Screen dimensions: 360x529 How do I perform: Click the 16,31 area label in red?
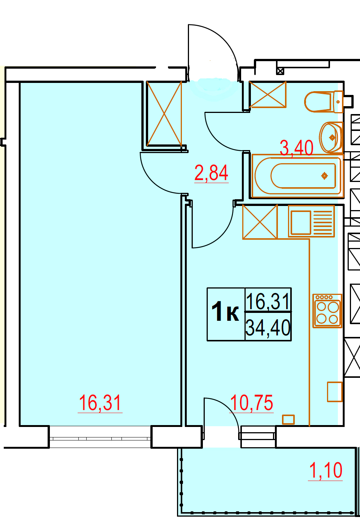pyautogui.click(x=100, y=403)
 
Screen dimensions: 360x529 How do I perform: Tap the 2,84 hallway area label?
pyautogui.click(x=211, y=173)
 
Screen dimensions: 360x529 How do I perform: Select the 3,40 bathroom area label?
pyautogui.click(x=297, y=148)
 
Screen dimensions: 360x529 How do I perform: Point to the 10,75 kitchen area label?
pyautogui.click(x=251, y=403)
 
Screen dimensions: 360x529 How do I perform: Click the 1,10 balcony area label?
pyautogui.click(x=325, y=471)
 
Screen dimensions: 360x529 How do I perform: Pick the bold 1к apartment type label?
pyautogui.click(x=225, y=311)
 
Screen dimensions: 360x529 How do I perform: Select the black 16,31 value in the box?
pyautogui.click(x=268, y=301)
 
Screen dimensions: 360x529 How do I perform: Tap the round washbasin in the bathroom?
pyautogui.click(x=331, y=137)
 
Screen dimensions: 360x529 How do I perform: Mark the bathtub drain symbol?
pyautogui.click(x=325, y=176)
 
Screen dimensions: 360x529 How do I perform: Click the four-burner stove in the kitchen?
pyautogui.click(x=327, y=311)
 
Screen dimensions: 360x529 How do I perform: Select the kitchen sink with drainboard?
pyautogui.click(x=311, y=221)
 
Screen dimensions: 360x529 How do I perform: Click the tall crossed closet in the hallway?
pyautogui.click(x=164, y=114)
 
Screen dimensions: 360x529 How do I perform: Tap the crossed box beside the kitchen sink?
pyautogui.click(x=260, y=222)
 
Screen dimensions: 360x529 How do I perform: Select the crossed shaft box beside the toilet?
pyautogui.click(x=268, y=95)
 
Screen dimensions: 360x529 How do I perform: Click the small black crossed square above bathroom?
pyautogui.click(x=280, y=71)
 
